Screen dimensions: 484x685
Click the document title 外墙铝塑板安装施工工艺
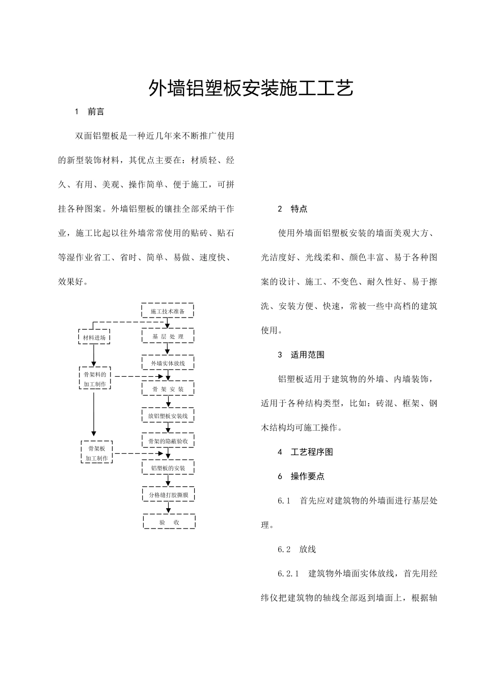[251, 88]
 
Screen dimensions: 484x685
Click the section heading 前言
[96, 112]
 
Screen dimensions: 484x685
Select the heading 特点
[299, 209]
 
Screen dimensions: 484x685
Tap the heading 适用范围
[307, 355]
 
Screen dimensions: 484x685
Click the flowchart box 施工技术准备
[168, 311]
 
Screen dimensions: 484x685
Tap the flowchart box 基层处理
[168, 337]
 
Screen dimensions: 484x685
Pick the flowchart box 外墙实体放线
[168, 363]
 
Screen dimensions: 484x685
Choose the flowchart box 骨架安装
[168, 389]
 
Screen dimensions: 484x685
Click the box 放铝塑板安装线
[168, 416]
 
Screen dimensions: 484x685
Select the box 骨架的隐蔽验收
[168, 441]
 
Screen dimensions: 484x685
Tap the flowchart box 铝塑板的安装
[168, 468]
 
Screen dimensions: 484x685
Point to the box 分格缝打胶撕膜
[168, 495]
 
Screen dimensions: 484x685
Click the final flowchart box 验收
[169, 522]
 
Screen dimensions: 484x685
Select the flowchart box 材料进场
[94, 337]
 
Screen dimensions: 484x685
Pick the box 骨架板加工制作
[97, 453]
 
